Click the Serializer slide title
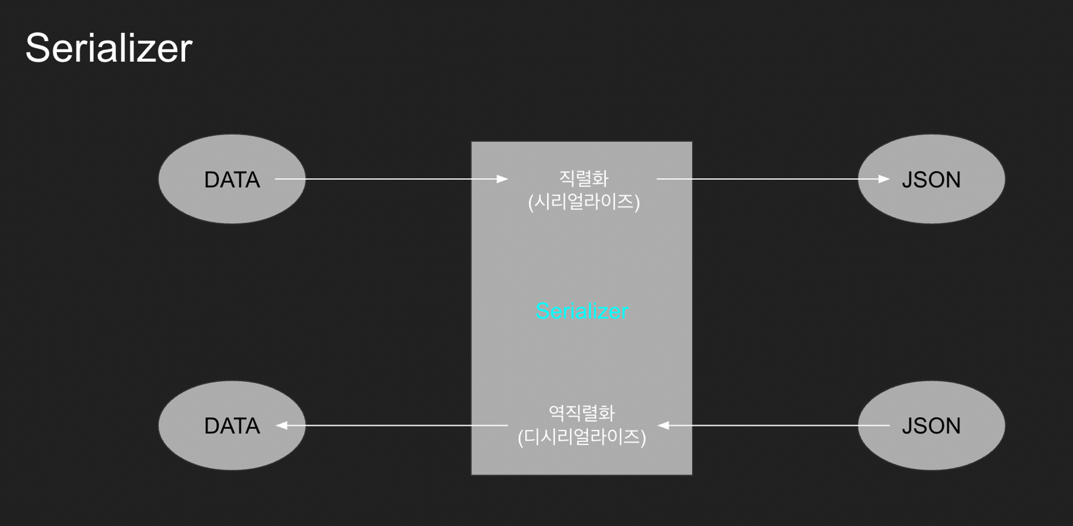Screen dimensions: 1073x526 (109, 48)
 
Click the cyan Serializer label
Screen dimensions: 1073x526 (582, 311)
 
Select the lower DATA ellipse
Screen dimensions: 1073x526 (232, 450)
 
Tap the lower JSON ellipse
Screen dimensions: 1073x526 (931, 450)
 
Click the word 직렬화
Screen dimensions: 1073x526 (584, 178)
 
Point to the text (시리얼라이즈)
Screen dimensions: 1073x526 (584, 202)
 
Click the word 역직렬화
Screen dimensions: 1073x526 (582, 413)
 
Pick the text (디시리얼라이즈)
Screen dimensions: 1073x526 (582, 437)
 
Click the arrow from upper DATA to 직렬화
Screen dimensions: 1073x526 (392, 179)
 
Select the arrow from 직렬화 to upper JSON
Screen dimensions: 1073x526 (767, 179)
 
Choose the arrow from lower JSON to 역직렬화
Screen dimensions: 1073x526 (773, 426)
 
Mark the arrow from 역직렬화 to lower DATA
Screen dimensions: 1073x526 (392, 426)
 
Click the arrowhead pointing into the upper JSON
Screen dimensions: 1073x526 (884, 179)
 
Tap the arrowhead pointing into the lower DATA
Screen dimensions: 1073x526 (282, 426)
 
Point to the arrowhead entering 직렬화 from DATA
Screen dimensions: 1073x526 (502, 179)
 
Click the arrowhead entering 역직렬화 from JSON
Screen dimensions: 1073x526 (663, 426)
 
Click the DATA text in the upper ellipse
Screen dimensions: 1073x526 (232, 180)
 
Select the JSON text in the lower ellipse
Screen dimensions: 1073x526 (931, 426)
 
